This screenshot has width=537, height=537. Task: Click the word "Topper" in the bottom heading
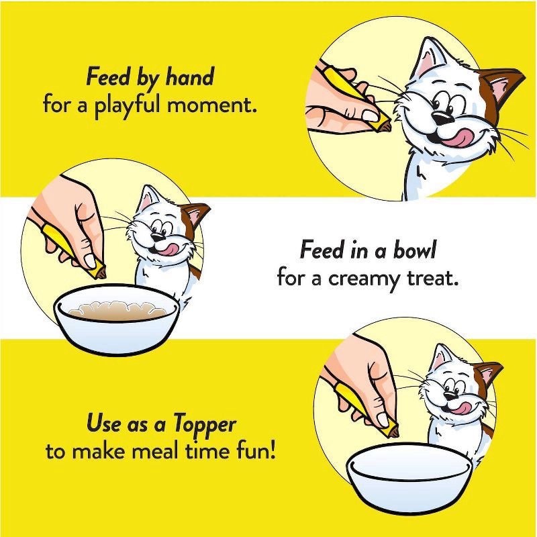[204, 424]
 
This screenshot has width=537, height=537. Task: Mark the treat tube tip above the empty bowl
[392, 430]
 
